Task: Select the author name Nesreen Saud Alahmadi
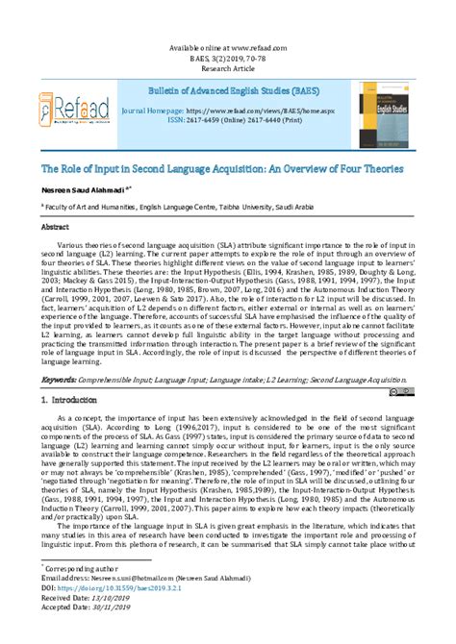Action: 73,190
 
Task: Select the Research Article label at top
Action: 228,69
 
